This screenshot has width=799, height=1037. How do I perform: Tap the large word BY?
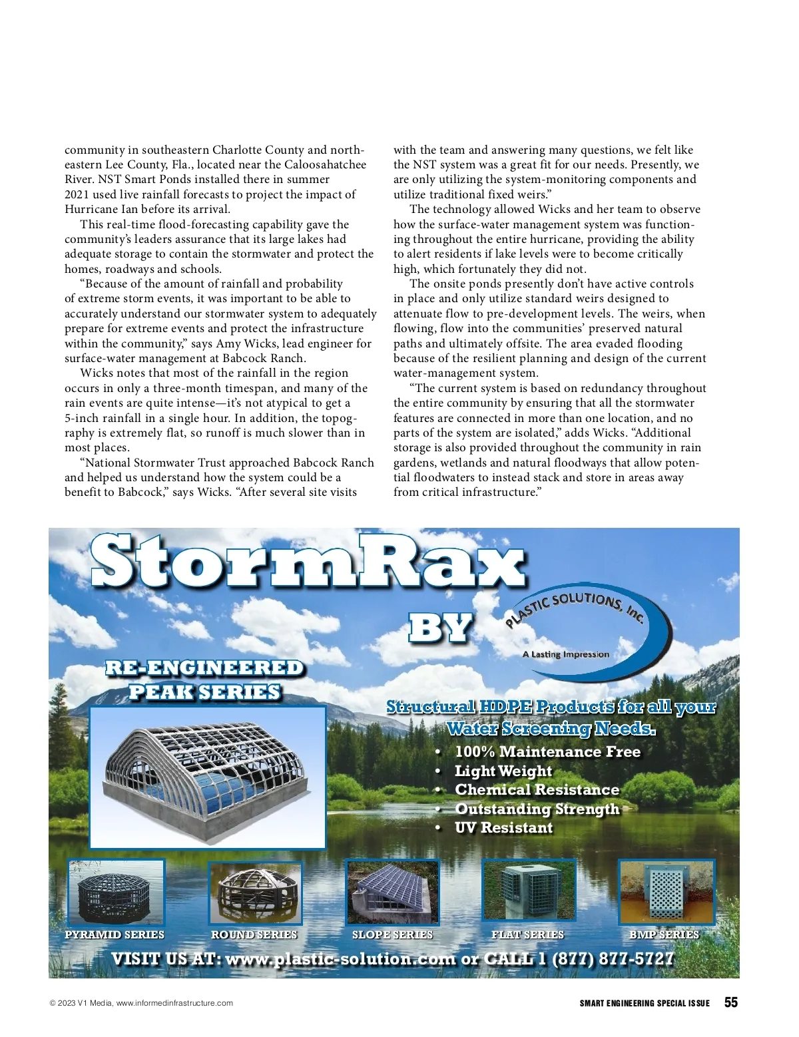440,628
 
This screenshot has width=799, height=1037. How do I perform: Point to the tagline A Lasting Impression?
565,654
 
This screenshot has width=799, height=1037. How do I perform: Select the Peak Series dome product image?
207,777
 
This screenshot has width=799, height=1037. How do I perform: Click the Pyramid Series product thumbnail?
116,892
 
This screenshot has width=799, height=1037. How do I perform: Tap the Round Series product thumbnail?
254,893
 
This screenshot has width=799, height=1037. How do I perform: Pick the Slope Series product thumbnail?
392,893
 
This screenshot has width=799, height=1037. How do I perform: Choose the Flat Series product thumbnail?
529,892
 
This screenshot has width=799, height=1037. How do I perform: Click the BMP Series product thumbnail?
666,892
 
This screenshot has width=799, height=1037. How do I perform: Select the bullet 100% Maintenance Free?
547,751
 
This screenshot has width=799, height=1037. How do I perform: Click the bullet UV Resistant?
503,827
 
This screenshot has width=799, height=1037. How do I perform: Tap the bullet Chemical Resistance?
537,789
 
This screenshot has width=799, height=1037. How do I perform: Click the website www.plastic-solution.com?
340,959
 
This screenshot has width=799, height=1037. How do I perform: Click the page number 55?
730,1002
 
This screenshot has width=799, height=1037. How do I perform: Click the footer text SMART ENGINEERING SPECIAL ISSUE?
644,1003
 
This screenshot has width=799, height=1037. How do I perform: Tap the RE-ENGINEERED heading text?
204,668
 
